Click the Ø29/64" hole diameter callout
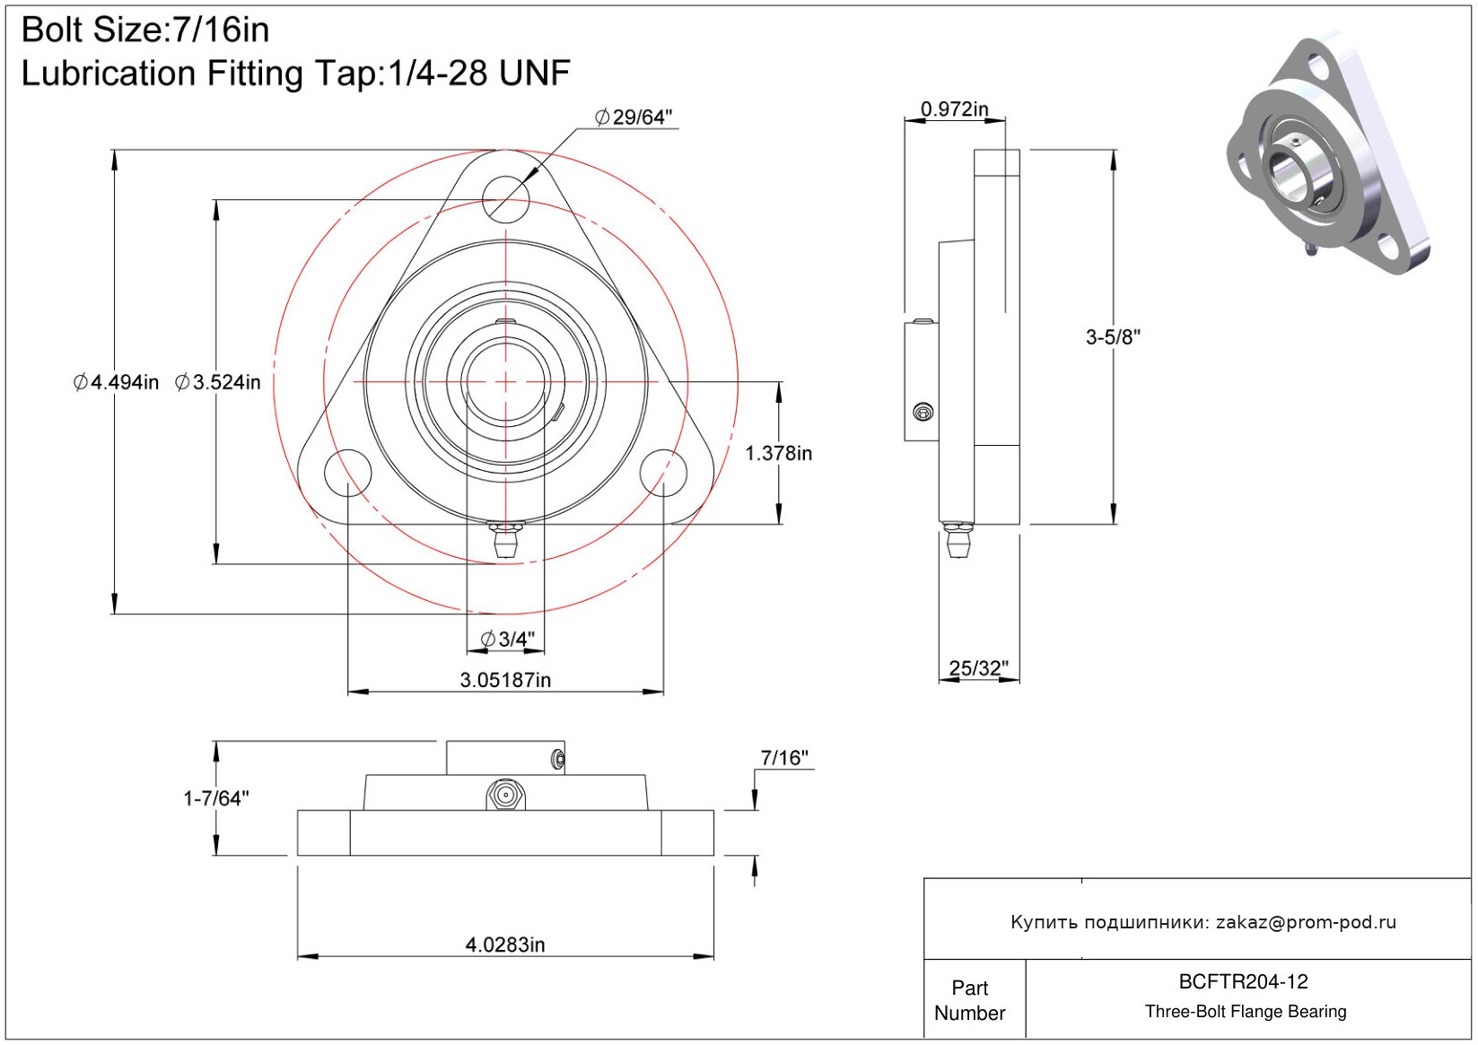tap(634, 118)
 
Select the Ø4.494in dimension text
tap(116, 383)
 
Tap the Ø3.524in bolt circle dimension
tap(218, 383)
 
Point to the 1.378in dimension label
tap(778, 454)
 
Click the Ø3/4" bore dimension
tap(508, 640)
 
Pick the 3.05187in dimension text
tap(505, 681)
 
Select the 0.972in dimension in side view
tap(954, 109)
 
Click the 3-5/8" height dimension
tap(1113, 337)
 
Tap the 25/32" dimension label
tap(978, 668)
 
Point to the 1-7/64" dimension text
tap(216, 798)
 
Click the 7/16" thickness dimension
tap(783, 758)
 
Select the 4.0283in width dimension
tap(505, 945)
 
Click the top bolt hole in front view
tap(506, 198)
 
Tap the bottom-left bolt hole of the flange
tap(348, 473)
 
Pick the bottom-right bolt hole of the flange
tap(663, 473)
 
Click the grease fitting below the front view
tap(506, 540)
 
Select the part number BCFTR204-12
tap(1243, 982)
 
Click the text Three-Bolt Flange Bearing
tap(1246, 1012)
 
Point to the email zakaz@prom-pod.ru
tap(1306, 922)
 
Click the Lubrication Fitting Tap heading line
tap(295, 74)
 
